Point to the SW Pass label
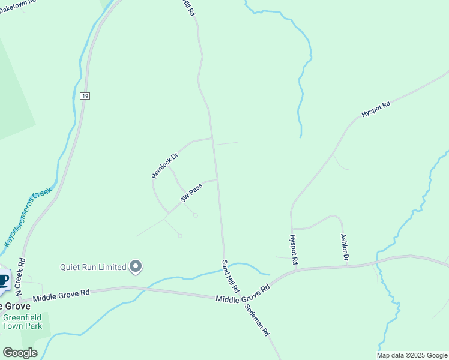coord(191,193)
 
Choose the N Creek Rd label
coord(21,274)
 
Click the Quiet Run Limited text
coord(92,267)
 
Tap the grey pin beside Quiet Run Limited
coord(136,266)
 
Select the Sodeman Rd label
coord(258,320)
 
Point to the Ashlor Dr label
coord(345,248)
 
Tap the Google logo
coord(20,353)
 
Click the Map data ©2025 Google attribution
coord(412,355)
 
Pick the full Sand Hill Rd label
coord(231,276)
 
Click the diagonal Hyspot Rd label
coord(376,109)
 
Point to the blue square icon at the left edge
coord(4,280)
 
